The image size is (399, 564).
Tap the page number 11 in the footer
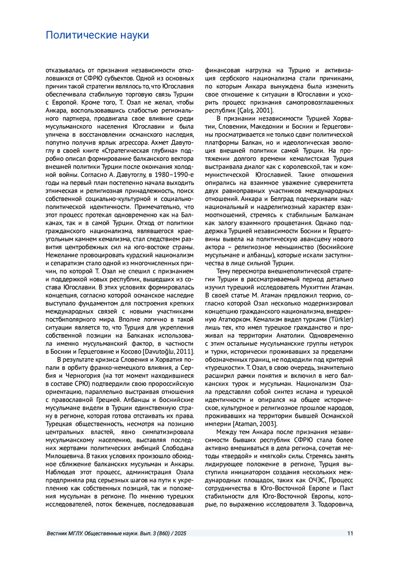350,533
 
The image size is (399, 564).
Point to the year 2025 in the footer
180,533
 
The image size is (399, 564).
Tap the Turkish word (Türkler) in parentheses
341,320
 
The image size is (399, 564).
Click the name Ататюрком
227,320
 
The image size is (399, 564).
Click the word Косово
131,352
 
